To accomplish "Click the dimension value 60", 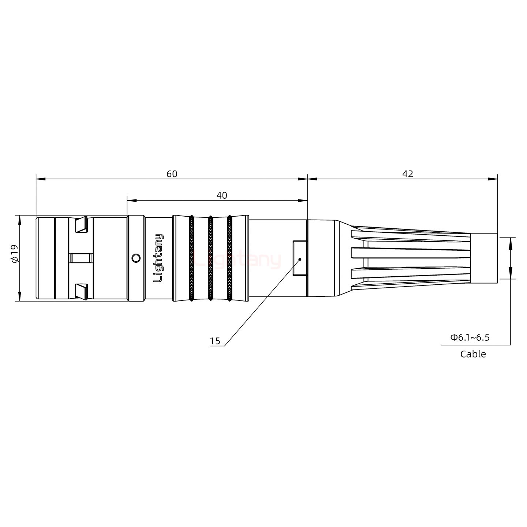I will pyautogui.click(x=172, y=174).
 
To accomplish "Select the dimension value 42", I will pyautogui.click(x=407, y=174).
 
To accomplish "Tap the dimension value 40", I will pyautogui.click(x=221, y=195).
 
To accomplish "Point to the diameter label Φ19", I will pyautogui.click(x=14, y=254).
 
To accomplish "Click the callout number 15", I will pyautogui.click(x=215, y=341).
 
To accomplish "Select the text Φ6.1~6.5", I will pyautogui.click(x=470, y=337).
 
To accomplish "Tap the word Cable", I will pyautogui.click(x=473, y=354).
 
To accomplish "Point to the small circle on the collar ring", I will pyautogui.click(x=136, y=258).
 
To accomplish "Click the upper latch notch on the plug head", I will pyautogui.click(x=81, y=225).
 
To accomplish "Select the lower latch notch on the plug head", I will pyautogui.click(x=81, y=291).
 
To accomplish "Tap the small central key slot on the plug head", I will pyautogui.click(x=81, y=258).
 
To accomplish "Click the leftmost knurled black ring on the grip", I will pyautogui.click(x=191, y=258).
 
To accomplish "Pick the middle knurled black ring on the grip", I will pyautogui.click(x=210, y=258).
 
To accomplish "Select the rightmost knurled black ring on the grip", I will pyautogui.click(x=229, y=258).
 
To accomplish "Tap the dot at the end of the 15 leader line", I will pyautogui.click(x=300, y=259).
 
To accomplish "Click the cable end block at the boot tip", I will pyautogui.click(x=483, y=258).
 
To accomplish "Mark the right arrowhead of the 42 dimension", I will pyautogui.click(x=494, y=179).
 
